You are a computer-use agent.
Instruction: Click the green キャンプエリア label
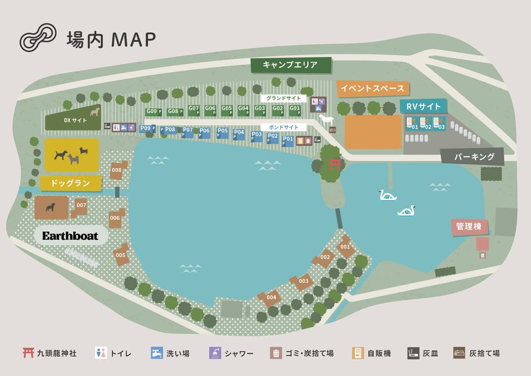click(290, 65)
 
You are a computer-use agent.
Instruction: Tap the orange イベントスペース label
click(373, 89)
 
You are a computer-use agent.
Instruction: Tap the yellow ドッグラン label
click(71, 183)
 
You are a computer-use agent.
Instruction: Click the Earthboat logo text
click(70, 236)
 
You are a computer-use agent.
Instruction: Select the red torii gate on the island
click(335, 164)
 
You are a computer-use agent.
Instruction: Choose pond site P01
click(288, 140)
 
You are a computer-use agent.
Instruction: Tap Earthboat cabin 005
click(121, 255)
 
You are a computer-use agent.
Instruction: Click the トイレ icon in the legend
click(100, 353)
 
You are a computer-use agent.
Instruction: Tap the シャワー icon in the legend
click(214, 353)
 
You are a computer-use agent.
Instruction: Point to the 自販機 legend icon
click(358, 353)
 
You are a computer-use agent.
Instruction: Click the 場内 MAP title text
click(111, 39)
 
